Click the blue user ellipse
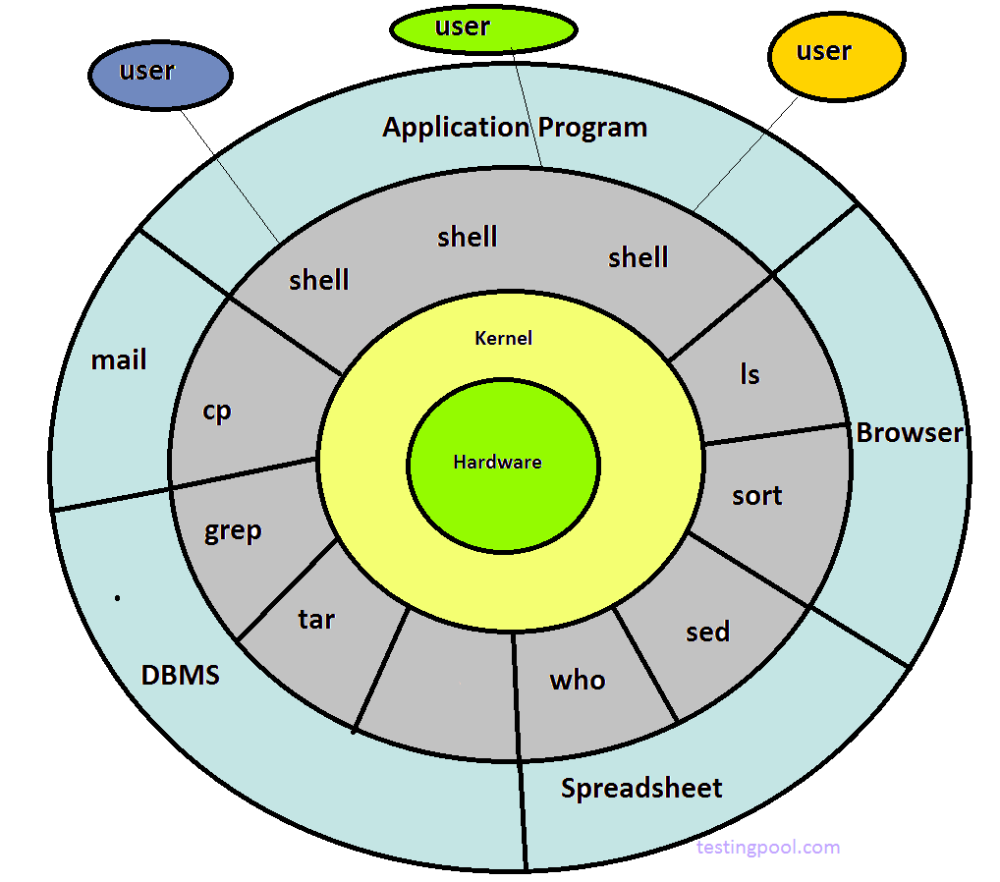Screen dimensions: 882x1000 [160, 75]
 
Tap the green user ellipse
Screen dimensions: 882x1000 [483, 29]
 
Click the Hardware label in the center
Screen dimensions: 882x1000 [497, 462]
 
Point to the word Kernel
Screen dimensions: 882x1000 [503, 338]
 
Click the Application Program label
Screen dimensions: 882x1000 [515, 128]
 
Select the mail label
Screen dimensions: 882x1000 [119, 360]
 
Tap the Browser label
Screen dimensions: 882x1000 [909, 433]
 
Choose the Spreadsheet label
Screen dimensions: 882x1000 [641, 788]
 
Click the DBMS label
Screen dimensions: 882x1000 [180, 676]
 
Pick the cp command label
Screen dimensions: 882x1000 [216, 411]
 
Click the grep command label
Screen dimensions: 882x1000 [233, 532]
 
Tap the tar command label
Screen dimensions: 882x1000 [316, 620]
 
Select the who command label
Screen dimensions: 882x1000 [578, 680]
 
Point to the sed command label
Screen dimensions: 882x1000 [708, 632]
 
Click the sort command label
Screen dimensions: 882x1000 [756, 496]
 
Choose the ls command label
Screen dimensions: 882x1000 [750, 374]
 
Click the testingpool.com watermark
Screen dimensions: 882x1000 [768, 847]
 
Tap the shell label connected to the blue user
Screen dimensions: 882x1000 [318, 281]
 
